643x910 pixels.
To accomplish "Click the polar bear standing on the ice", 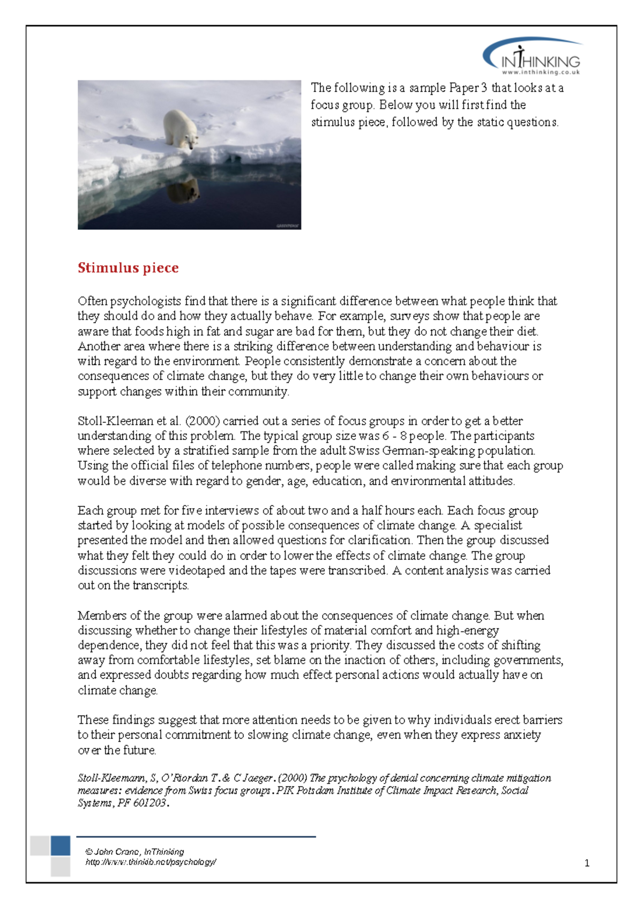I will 182,128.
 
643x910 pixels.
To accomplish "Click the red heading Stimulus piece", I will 128,268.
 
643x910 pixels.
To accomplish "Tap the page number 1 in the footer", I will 587,863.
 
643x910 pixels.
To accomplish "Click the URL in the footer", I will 151,862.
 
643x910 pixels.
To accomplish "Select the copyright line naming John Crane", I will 134,852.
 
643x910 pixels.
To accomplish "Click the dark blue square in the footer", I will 61,846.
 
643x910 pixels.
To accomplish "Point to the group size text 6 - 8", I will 394,436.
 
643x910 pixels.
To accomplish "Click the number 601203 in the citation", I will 149,803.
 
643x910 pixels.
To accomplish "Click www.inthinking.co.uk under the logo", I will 540,72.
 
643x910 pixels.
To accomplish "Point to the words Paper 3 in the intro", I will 468,88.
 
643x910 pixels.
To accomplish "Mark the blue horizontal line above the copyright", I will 196,836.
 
